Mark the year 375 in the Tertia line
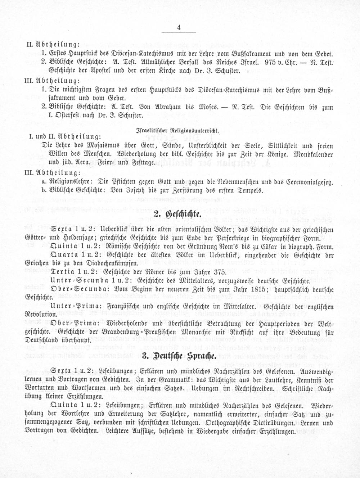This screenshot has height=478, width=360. pos(219,272)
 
